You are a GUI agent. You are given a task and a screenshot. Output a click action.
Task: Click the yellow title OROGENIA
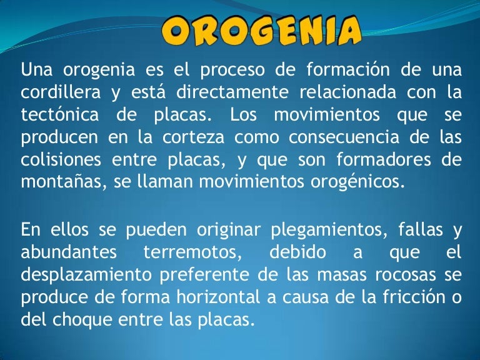(262, 30)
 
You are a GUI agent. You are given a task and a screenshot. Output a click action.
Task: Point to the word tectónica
(59, 116)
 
